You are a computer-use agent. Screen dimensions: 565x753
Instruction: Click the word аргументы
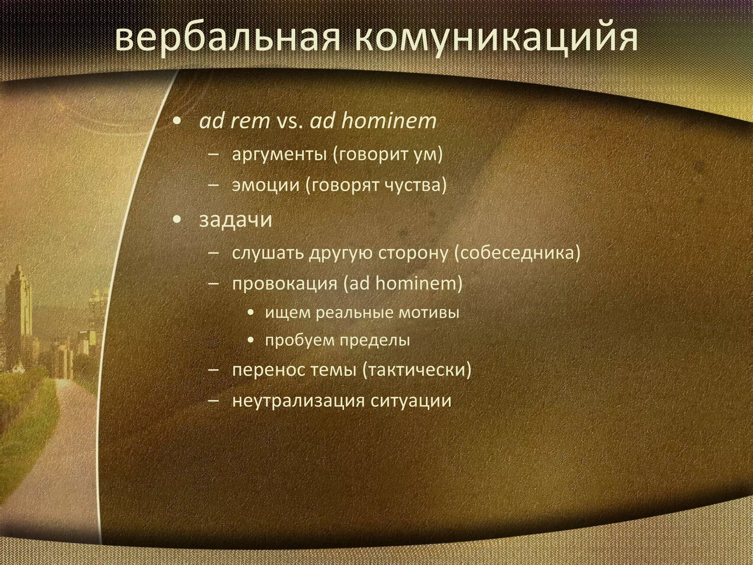click(x=279, y=154)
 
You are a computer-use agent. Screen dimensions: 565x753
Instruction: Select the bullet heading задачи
click(x=236, y=220)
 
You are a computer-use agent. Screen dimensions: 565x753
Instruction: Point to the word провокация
click(x=285, y=284)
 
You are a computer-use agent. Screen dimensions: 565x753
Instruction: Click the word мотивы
click(x=429, y=313)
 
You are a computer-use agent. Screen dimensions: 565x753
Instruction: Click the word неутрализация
click(x=298, y=400)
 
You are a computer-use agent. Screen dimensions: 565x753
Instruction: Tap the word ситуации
click(x=411, y=400)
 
